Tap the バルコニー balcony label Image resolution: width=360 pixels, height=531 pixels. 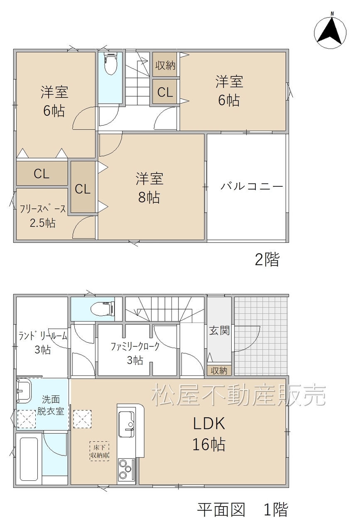coord(252,186)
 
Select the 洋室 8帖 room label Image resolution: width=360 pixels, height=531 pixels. coord(149,188)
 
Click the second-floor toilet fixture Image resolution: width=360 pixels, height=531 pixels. coord(110,63)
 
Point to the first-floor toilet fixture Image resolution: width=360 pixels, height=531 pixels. coord(103,309)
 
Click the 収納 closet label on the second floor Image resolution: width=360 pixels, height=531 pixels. coord(165,66)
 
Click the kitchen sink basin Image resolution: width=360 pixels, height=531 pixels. coord(126,424)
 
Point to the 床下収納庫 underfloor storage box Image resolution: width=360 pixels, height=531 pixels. coord(99,451)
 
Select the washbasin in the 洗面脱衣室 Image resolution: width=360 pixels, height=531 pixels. coord(24,390)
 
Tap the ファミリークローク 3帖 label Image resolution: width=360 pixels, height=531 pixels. coord(135,353)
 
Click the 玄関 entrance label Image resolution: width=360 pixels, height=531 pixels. coord(219,331)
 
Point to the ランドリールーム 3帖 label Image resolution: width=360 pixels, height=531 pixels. coord(43,343)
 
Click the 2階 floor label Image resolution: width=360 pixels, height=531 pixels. coord(267,259)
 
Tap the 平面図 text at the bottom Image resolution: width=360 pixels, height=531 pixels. coord(221,509)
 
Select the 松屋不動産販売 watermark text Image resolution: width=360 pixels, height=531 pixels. coord(238,395)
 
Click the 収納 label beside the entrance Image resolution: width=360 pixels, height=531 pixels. coord(219,371)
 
